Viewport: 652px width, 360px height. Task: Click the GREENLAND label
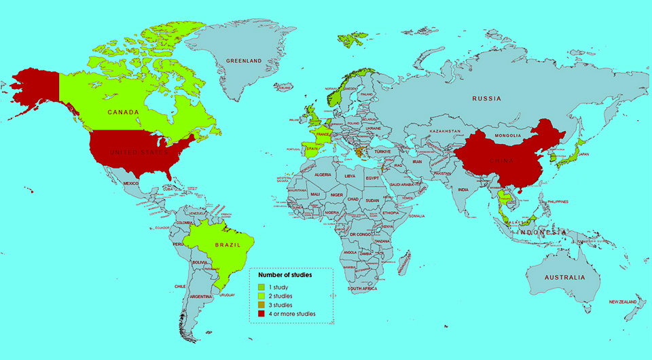coord(244,61)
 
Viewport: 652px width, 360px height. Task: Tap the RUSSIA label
coord(487,99)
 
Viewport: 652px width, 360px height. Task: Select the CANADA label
coord(123,112)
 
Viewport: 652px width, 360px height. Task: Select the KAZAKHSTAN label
coord(445,130)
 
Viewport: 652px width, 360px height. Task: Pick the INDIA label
coord(463,190)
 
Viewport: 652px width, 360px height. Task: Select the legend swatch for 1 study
coord(261,288)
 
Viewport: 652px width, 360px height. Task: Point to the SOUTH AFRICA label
coord(363,289)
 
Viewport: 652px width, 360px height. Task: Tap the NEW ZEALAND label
coord(622,302)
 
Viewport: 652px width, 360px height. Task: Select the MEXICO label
coord(130,183)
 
